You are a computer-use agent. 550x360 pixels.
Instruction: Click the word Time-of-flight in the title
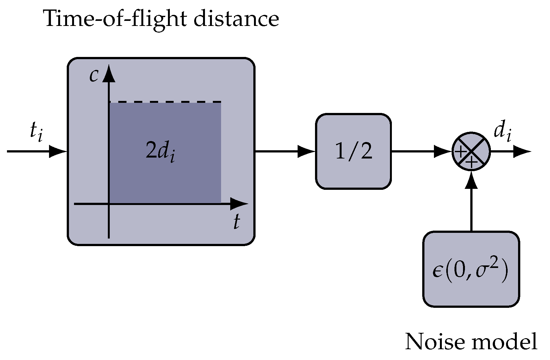coord(115,19)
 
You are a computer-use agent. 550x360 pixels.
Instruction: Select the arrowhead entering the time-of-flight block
coord(59,152)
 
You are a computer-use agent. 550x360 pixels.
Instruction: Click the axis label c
coord(93,75)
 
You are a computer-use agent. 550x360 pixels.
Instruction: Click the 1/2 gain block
coord(354,152)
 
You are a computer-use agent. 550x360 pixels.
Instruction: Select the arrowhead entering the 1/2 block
coord(307,152)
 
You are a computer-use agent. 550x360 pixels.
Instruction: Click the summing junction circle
coord(471,152)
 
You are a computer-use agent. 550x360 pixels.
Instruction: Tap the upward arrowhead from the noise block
coord(471,181)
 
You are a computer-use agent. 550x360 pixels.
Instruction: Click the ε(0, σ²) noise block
coord(471,269)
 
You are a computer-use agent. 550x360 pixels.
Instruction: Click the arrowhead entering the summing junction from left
coord(443,152)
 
